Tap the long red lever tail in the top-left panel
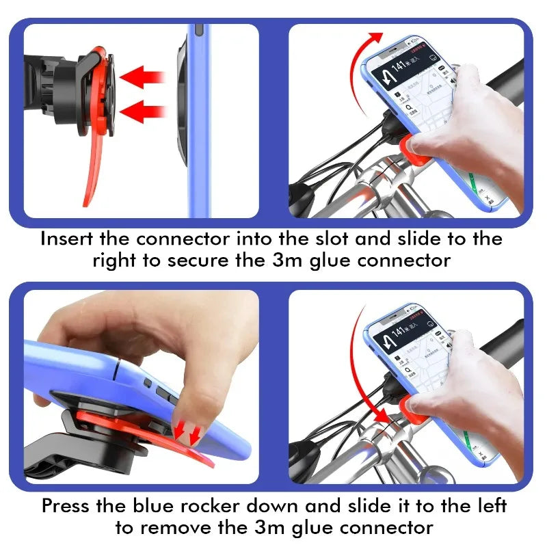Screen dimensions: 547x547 tap(96, 171)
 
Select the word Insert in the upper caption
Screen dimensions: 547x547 tap(66, 239)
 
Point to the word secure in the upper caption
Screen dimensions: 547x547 tap(242, 261)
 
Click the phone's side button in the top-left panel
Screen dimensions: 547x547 tap(198, 31)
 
